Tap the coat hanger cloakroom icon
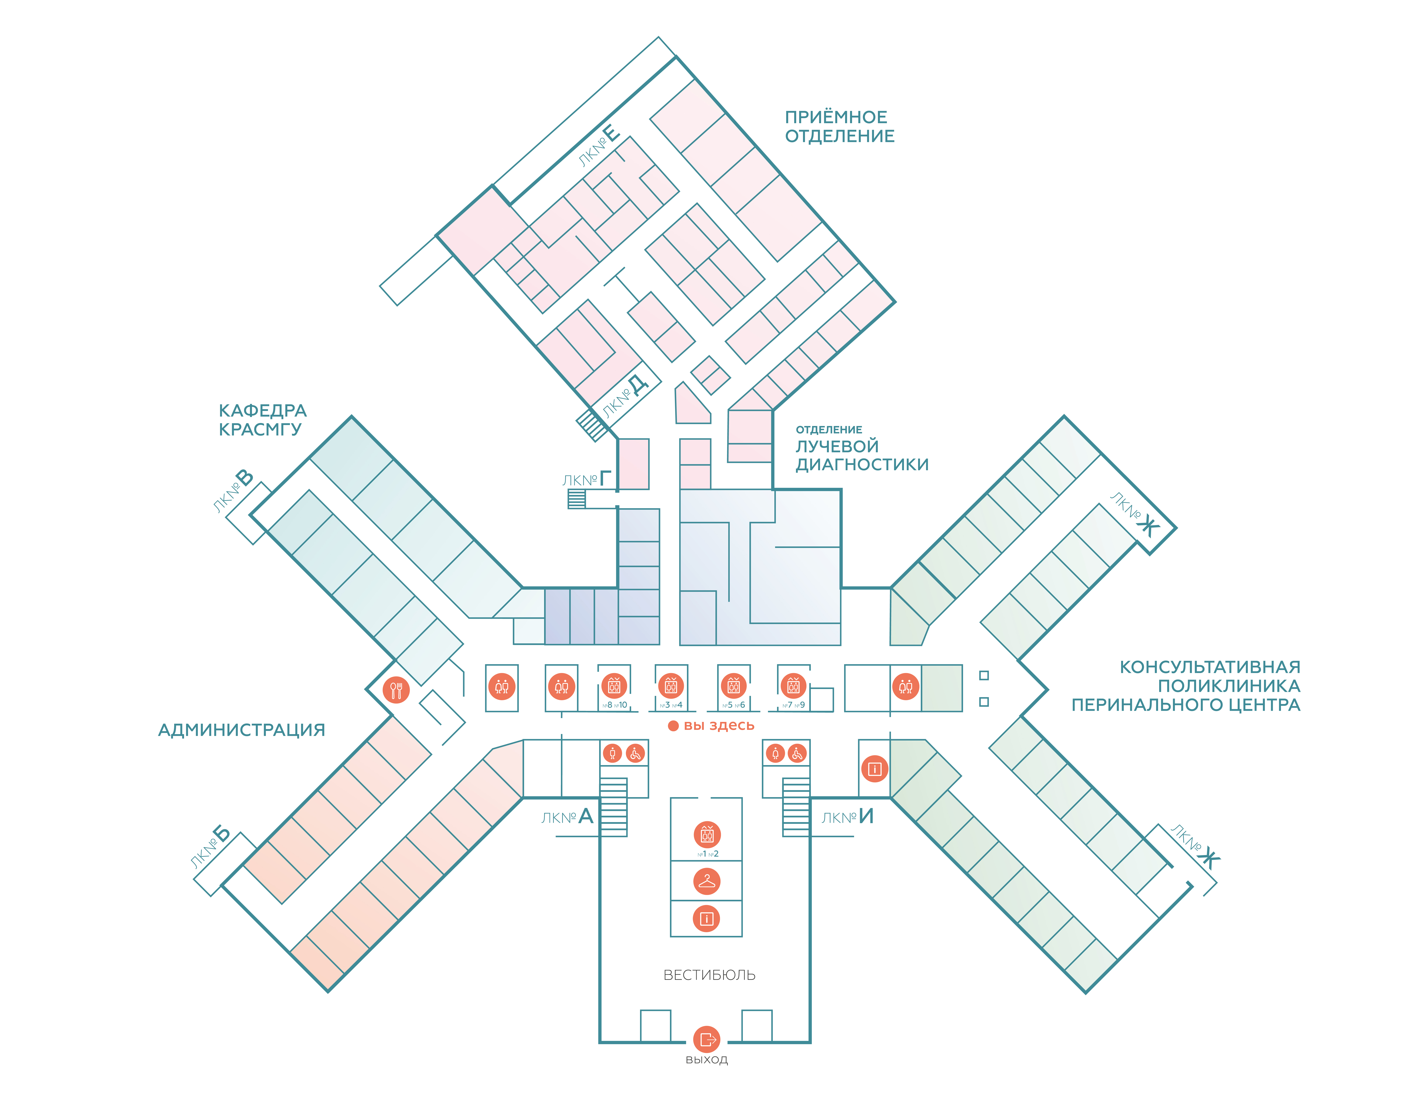click(707, 882)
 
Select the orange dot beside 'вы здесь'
click(673, 726)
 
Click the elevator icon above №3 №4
click(670, 685)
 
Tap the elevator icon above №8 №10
click(614, 685)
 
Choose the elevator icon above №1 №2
click(707, 834)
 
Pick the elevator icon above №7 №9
click(793, 685)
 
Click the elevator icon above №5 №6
click(733, 685)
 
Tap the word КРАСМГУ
click(260, 429)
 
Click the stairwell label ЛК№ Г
click(587, 480)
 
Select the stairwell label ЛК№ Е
click(600, 146)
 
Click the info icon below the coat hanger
click(707, 919)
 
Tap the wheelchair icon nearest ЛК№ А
click(635, 753)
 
